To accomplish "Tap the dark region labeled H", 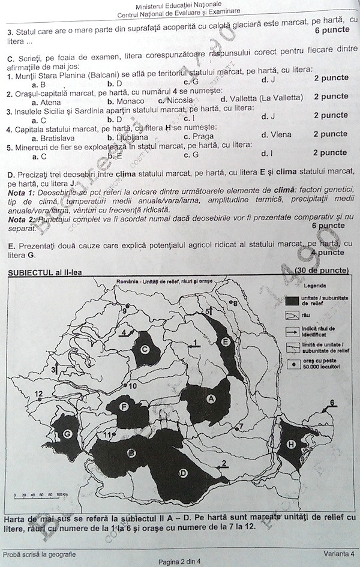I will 292,445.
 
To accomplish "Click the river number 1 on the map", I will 194,343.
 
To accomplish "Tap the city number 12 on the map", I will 39,394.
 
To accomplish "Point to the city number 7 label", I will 241,427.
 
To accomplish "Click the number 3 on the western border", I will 53,370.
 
